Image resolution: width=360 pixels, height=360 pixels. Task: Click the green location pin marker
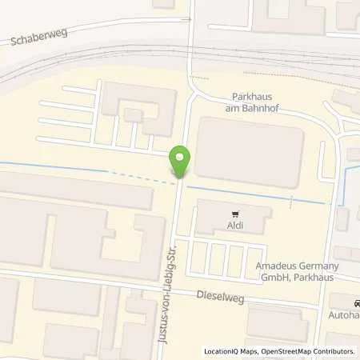[180, 162]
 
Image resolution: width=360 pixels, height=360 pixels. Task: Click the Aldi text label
[235, 227]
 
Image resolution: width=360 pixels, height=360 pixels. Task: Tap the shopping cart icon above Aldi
[235, 214]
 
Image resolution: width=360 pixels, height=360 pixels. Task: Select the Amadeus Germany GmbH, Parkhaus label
[297, 270]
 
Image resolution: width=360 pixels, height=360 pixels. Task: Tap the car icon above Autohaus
[356, 304]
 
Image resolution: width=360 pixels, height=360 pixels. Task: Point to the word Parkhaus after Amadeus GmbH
[313, 276]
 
